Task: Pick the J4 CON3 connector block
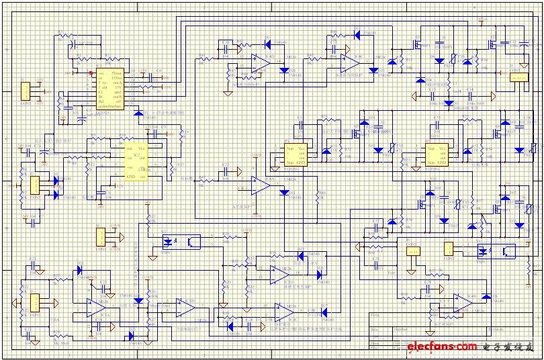click(101, 236)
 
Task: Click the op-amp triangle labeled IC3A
click(96, 307)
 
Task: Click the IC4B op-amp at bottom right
click(462, 302)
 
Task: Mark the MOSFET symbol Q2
click(492, 44)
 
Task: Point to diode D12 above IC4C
click(357, 34)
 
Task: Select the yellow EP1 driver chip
click(296, 155)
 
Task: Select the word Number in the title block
click(401, 330)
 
